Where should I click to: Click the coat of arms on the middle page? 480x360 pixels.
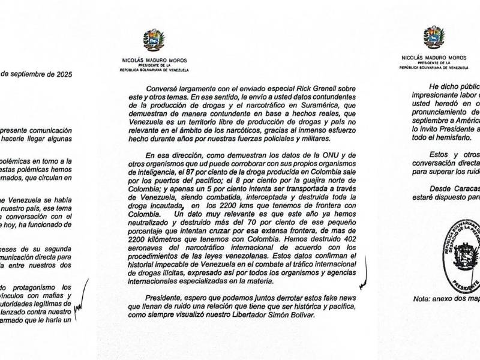(x=154, y=41)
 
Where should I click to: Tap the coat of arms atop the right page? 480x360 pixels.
(x=433, y=37)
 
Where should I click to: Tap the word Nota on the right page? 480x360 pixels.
(x=423, y=299)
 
